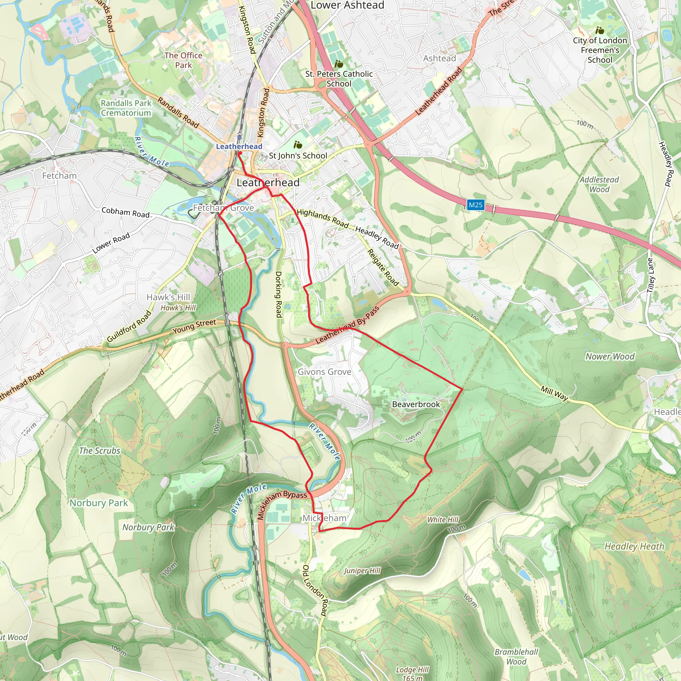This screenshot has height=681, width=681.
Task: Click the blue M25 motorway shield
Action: (x=476, y=205)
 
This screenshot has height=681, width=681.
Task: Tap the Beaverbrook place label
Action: (x=416, y=404)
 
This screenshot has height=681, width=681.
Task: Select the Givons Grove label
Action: (x=324, y=372)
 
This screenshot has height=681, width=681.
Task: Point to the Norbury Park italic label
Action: (x=148, y=527)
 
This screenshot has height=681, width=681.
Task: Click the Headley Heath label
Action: (x=634, y=546)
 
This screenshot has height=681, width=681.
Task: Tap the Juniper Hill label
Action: (x=362, y=571)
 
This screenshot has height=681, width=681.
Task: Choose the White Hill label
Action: (x=443, y=520)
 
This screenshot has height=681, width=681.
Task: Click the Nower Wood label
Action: (x=610, y=356)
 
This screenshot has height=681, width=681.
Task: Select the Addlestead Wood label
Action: (x=599, y=184)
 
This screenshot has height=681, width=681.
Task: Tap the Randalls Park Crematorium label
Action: (x=126, y=108)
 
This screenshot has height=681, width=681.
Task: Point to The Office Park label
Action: (x=183, y=60)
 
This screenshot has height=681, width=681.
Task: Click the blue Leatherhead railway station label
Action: (x=239, y=146)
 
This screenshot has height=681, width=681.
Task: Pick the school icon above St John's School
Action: (x=298, y=145)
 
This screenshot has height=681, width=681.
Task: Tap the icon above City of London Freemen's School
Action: (x=600, y=30)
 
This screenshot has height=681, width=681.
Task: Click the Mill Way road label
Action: (x=554, y=393)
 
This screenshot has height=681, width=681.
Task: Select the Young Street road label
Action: (x=194, y=327)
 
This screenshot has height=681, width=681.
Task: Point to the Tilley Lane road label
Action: (x=650, y=275)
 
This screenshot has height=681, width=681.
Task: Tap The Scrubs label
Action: (x=99, y=451)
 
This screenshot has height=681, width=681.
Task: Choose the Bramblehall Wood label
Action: (x=516, y=657)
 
